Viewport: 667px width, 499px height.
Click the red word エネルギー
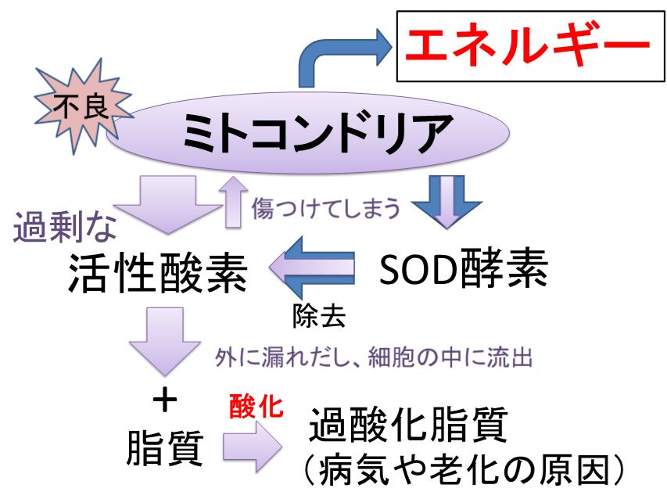(528, 45)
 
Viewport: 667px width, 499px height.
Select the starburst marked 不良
(83, 106)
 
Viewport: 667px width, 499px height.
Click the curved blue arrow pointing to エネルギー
(323, 55)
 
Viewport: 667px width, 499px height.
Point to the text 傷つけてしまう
(326, 209)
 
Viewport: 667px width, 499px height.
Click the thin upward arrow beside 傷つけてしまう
(233, 202)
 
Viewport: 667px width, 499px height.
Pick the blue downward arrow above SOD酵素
(446, 203)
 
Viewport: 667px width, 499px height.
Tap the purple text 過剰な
(65, 227)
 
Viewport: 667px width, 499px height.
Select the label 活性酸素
(157, 272)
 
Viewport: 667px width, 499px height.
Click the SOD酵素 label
(463, 269)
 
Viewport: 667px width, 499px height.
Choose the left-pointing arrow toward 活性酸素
(311, 267)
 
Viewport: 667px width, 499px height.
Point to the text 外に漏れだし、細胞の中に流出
(374, 357)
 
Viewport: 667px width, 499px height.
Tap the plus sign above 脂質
(165, 400)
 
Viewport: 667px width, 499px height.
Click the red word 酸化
(256, 406)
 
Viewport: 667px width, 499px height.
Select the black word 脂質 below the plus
(165, 448)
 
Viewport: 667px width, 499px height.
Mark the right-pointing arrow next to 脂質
(252, 447)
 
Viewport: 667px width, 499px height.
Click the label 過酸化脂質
(408, 425)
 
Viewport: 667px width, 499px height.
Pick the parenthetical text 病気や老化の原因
(464, 470)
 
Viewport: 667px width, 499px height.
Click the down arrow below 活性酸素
(165, 341)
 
